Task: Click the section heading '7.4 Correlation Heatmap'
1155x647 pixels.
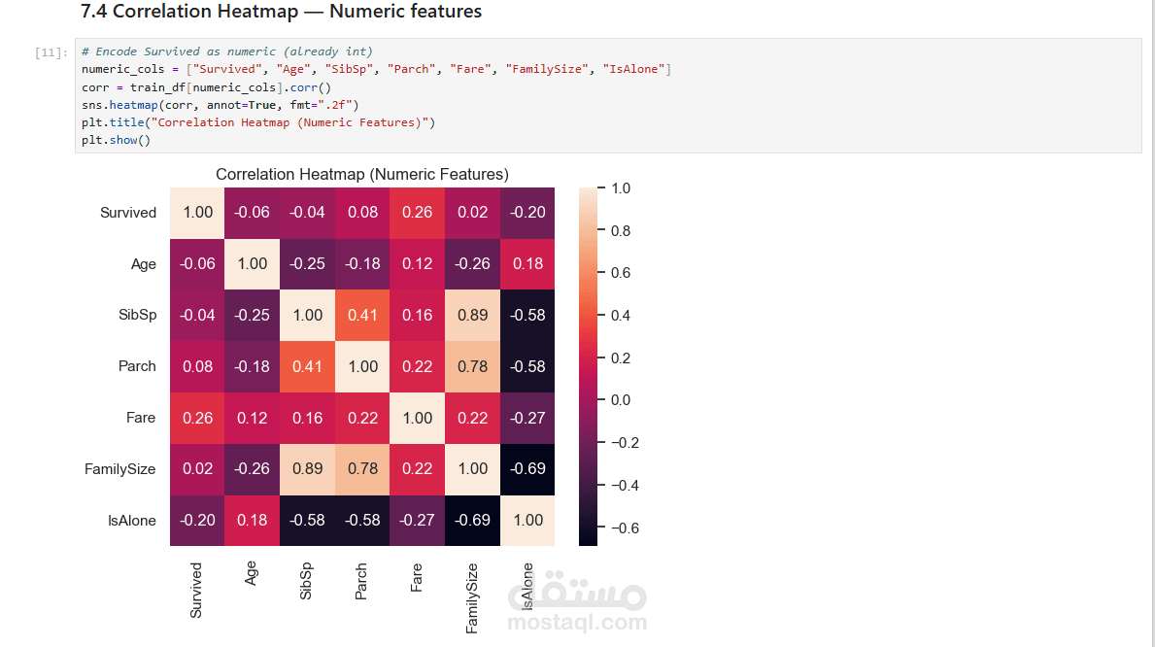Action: tap(281, 13)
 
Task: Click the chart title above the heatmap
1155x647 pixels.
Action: tap(361, 175)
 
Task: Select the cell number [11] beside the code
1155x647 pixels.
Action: tap(51, 52)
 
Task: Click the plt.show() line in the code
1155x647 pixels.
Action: tap(116, 140)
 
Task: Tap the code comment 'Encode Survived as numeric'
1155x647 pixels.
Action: tap(227, 51)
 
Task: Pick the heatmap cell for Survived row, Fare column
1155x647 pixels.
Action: tap(418, 213)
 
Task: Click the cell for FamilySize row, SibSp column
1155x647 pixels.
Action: tap(308, 469)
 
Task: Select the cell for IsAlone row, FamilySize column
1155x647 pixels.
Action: tap(472, 521)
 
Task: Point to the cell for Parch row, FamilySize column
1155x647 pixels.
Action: tap(472, 366)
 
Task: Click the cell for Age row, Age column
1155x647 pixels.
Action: tap(253, 264)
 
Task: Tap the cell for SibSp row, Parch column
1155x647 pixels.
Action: tap(362, 315)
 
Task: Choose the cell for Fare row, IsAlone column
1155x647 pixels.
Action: tap(527, 418)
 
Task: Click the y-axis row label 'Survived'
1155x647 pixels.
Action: tap(127, 213)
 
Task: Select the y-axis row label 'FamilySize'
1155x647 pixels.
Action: tap(119, 469)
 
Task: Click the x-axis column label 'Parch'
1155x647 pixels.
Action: tap(361, 581)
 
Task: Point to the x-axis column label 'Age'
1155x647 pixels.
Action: tap(252, 574)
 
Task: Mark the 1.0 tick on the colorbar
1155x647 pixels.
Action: tap(619, 188)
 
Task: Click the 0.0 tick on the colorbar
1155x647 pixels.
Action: tap(619, 400)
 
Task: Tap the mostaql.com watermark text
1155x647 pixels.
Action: tap(577, 623)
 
